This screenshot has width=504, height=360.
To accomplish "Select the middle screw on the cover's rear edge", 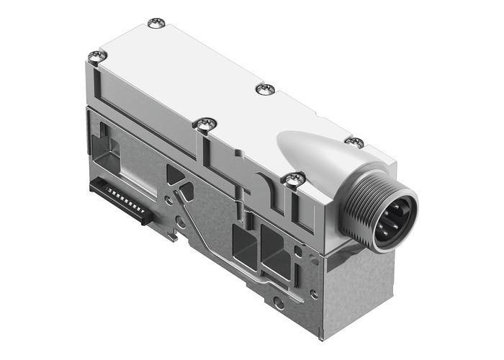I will click(264, 89).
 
